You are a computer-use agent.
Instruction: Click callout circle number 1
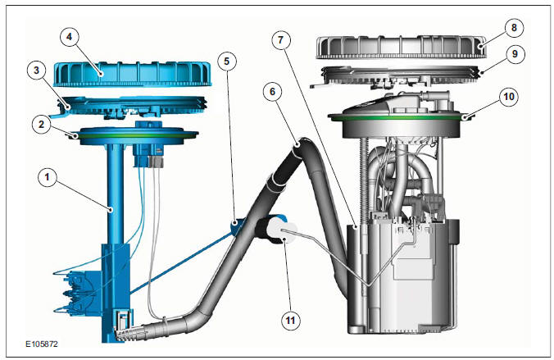[47, 177]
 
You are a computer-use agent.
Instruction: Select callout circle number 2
[41, 124]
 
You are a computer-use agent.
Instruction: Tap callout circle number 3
[36, 70]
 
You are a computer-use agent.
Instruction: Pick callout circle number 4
[69, 37]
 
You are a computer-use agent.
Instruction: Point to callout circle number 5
[226, 62]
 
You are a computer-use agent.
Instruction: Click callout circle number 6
[272, 92]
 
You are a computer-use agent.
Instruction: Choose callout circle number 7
[281, 40]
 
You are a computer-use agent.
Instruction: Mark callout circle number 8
[514, 28]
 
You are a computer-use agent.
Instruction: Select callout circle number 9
[515, 54]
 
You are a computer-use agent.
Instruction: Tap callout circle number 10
[509, 96]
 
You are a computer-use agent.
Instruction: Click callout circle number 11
[290, 321]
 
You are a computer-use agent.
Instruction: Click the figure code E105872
[42, 344]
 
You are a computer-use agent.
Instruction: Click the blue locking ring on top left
[133, 74]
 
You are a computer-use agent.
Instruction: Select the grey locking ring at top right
[401, 46]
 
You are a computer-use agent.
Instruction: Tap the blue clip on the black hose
[235, 226]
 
